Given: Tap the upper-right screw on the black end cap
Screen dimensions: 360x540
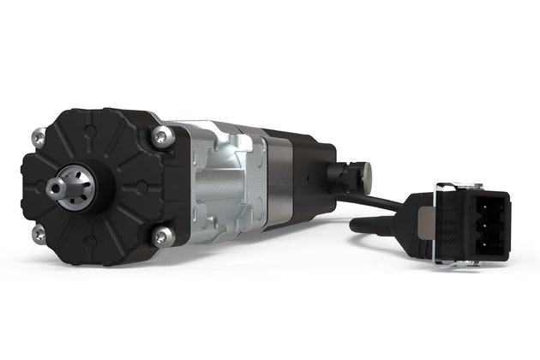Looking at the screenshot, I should click(159, 135).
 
